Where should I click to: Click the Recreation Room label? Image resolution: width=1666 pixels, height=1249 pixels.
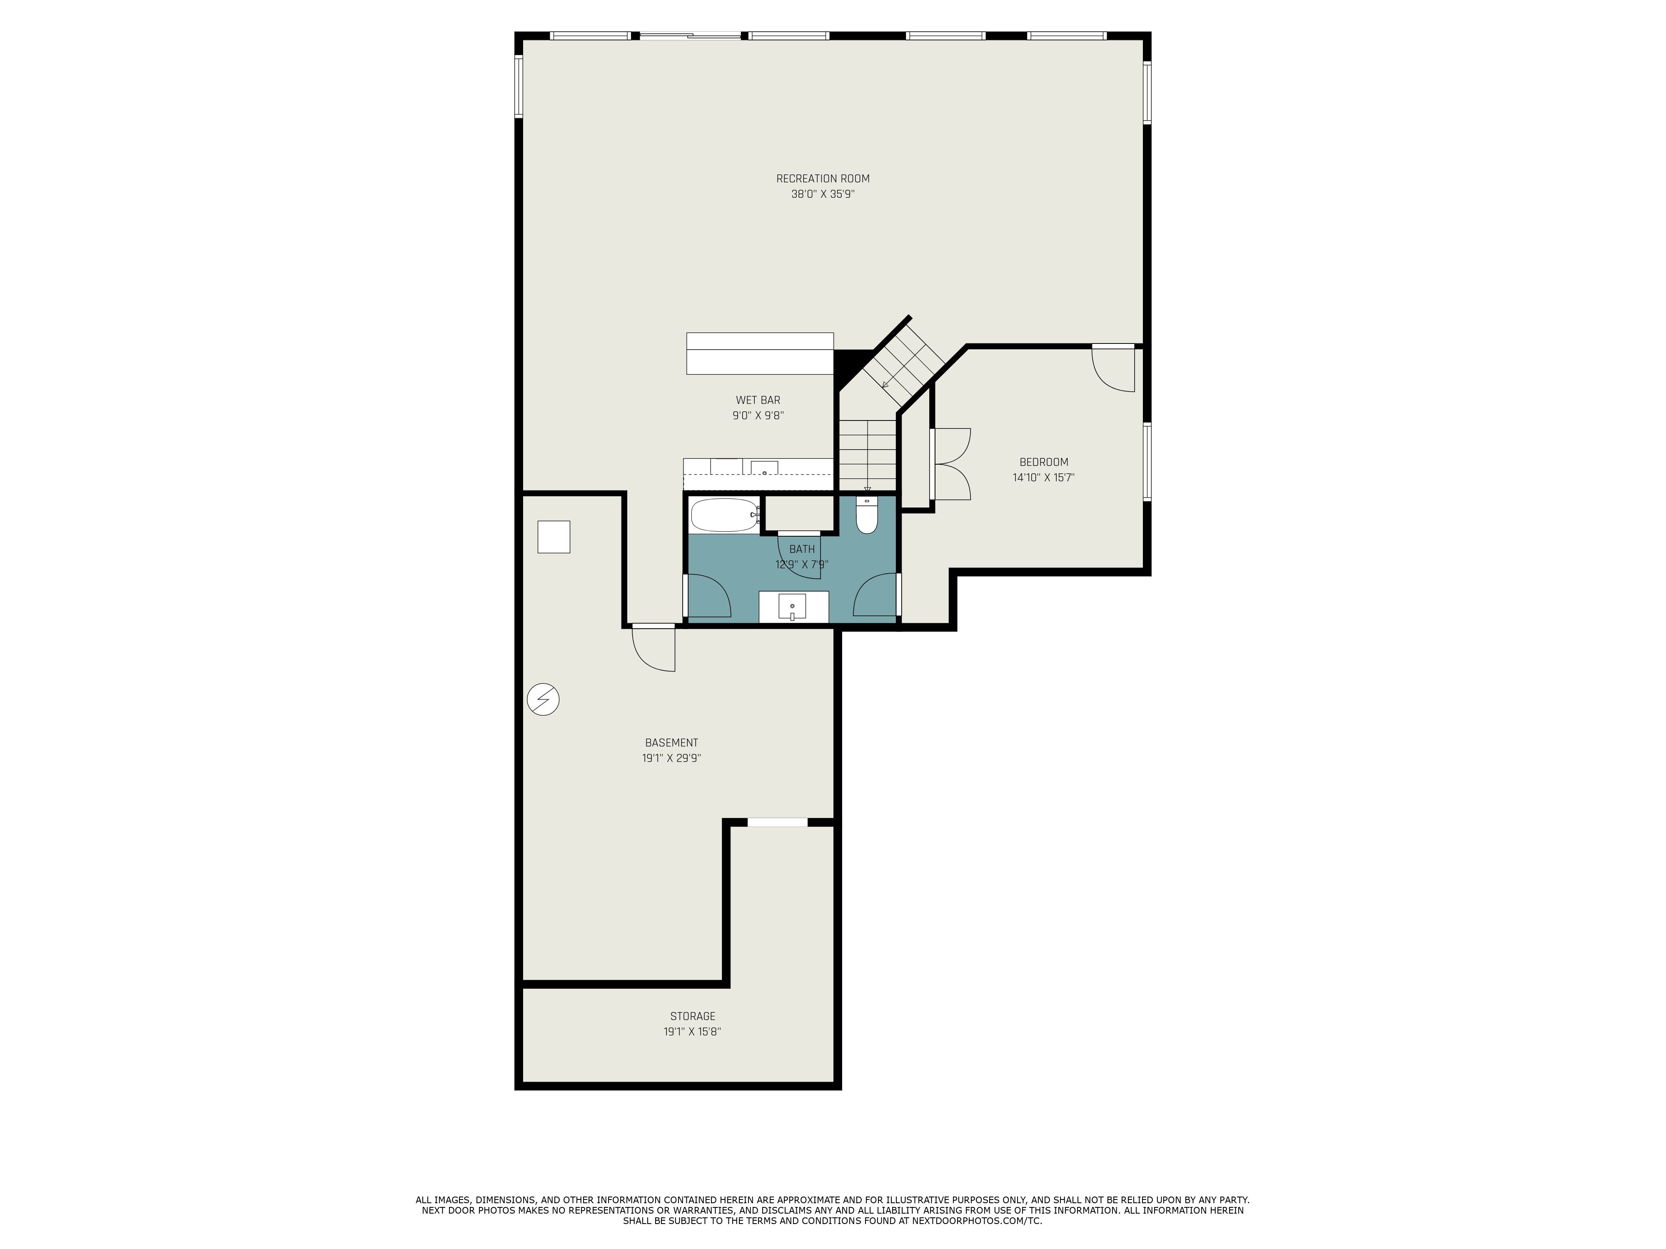pyautogui.click(x=823, y=179)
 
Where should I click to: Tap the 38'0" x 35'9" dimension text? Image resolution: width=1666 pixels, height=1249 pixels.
pyautogui.click(x=823, y=194)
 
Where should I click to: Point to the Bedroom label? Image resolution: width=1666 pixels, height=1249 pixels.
pyautogui.click(x=1043, y=462)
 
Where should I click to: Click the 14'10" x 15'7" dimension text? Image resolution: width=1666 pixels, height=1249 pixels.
pyautogui.click(x=1043, y=477)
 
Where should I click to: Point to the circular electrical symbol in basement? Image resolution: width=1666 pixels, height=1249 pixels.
pyautogui.click(x=543, y=699)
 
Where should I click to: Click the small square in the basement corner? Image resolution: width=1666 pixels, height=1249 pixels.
pyautogui.click(x=554, y=537)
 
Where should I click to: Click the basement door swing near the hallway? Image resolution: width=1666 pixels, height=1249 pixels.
pyautogui.click(x=653, y=648)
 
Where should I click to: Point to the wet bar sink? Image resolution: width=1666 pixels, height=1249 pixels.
pyautogui.click(x=764, y=468)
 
